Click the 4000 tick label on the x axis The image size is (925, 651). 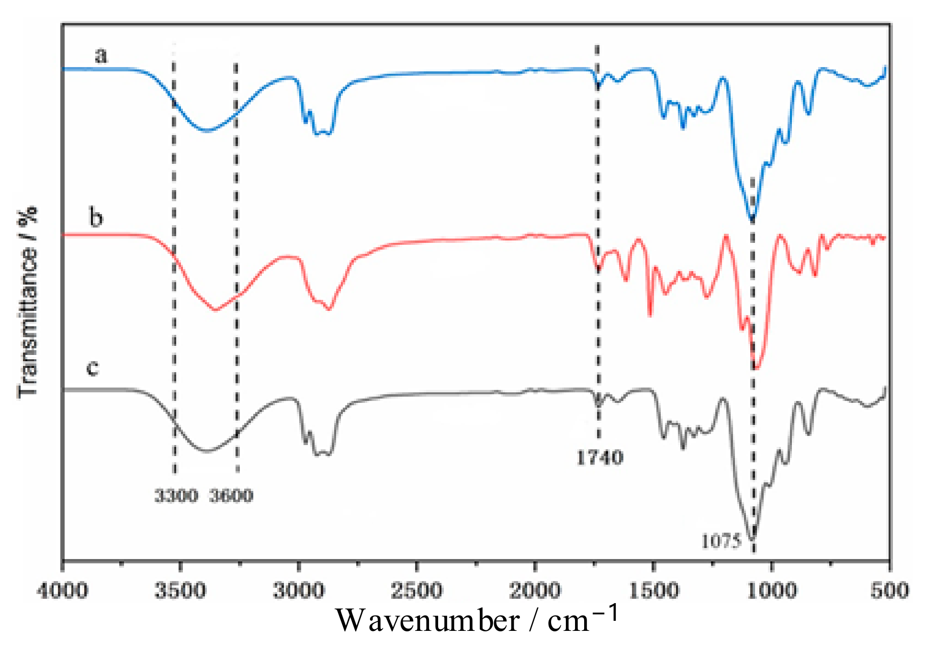(x=62, y=590)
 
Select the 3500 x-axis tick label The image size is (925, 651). (x=180, y=590)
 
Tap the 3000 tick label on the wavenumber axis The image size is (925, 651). (x=299, y=590)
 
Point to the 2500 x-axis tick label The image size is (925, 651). (x=417, y=590)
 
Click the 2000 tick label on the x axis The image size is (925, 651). (x=535, y=590)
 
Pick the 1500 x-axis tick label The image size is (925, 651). (x=653, y=590)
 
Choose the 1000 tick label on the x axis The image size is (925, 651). (x=771, y=590)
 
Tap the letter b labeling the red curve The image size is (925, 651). (x=96, y=218)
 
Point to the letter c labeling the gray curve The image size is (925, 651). (x=93, y=368)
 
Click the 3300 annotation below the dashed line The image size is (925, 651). (x=176, y=496)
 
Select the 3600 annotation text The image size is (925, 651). (x=231, y=496)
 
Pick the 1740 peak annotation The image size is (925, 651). (x=599, y=457)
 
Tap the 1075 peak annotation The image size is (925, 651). (x=721, y=541)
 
